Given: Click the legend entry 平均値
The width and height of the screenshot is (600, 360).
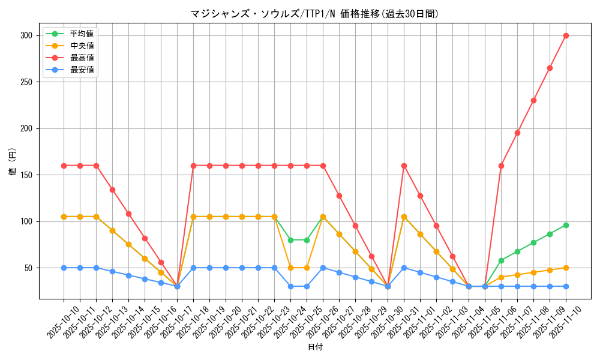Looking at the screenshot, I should click(82, 34).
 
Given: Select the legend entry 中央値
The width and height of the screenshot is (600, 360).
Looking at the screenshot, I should click(82, 46).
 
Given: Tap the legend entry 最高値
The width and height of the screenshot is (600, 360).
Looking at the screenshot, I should click(82, 58).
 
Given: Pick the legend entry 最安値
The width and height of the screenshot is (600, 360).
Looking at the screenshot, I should click(82, 70).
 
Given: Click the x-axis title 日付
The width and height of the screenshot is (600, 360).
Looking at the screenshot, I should click(314, 347).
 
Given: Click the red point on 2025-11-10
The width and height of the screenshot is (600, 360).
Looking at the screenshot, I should click(566, 35).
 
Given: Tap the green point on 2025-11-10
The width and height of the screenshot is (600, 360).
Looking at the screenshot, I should click(566, 225).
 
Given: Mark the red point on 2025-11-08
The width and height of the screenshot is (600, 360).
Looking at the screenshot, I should click(533, 100).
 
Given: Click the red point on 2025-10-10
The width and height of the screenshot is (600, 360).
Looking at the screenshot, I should click(64, 166).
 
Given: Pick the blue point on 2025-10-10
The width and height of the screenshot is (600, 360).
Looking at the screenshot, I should click(64, 268).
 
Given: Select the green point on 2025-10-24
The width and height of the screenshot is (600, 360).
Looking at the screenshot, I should click(290, 240).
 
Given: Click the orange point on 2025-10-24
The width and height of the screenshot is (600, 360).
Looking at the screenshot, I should click(290, 268).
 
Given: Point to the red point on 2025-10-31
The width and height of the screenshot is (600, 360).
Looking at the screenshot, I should click(404, 166).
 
